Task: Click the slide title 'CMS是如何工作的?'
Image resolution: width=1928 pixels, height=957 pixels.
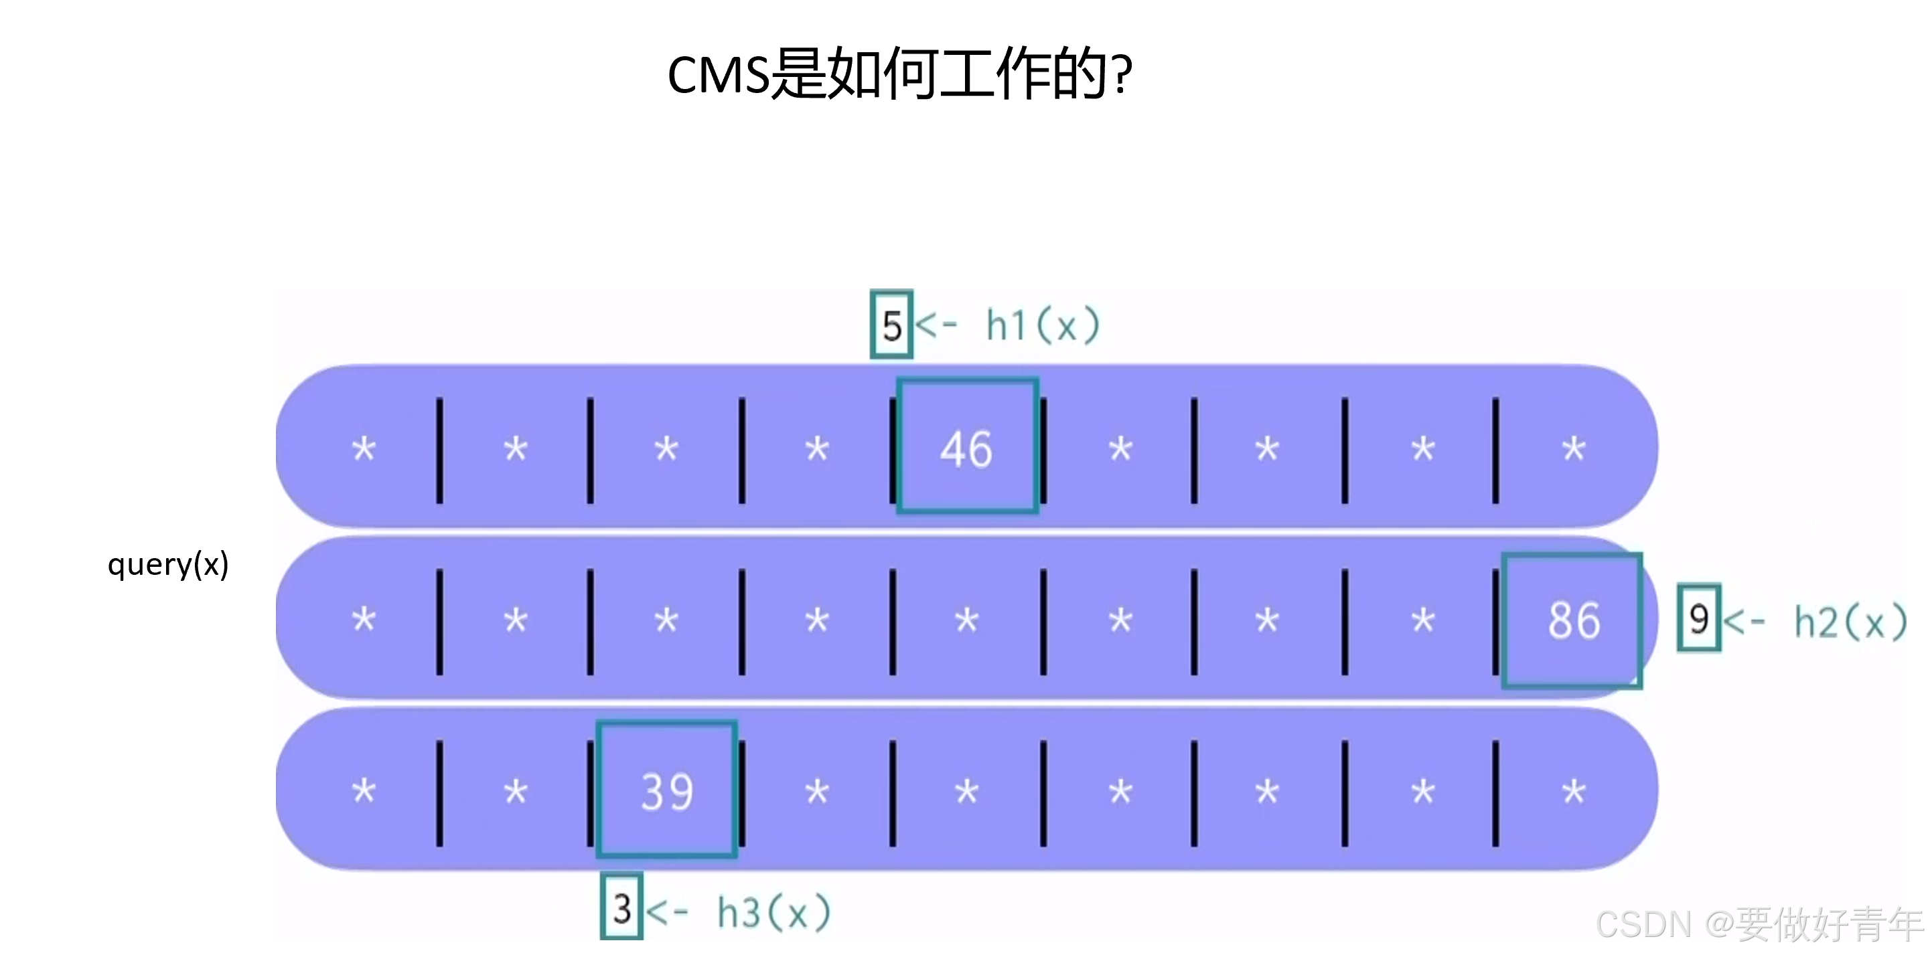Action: point(899,74)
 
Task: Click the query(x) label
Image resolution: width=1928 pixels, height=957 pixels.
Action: point(168,565)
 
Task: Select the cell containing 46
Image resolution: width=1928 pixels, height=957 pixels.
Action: point(967,446)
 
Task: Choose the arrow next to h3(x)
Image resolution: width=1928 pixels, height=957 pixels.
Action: point(667,911)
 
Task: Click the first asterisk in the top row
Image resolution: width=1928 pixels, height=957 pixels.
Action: point(364,449)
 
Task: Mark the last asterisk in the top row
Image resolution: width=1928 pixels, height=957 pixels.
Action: point(1573,449)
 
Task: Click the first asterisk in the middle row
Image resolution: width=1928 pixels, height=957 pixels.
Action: point(364,620)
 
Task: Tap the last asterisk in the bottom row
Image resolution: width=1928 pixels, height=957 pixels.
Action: point(1573,792)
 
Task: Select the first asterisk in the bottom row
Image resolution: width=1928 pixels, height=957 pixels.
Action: point(364,792)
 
